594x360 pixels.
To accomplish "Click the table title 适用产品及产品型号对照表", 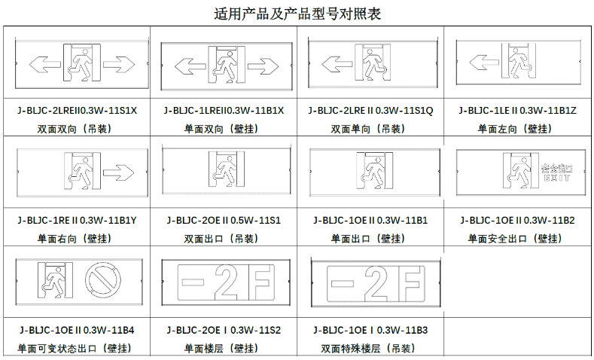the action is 297,14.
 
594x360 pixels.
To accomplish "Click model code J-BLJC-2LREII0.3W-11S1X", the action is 77,111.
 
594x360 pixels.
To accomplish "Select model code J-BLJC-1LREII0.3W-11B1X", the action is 224,111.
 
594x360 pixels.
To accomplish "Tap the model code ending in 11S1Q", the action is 370,111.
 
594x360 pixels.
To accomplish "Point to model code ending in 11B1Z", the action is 517,111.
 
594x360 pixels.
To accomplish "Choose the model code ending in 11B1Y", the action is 77,220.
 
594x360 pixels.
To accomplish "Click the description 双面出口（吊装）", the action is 224,238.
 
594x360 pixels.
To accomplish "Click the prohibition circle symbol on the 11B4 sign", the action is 103,281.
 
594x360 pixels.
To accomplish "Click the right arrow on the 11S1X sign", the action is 119,65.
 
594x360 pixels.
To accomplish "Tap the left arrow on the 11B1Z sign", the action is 484,63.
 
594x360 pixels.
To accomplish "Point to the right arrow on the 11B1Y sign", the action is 118,172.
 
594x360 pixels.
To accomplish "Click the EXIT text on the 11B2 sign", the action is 556,178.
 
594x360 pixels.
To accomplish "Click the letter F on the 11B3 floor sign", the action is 412,284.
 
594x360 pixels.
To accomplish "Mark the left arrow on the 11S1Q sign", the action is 337,64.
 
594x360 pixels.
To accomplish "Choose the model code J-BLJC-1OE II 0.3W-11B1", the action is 370,220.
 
